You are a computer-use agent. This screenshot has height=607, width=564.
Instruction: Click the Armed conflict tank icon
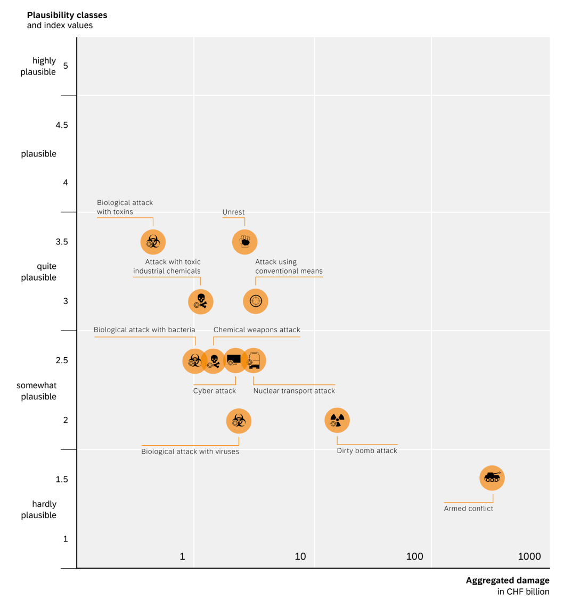492,478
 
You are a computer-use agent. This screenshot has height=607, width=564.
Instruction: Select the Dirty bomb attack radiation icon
337,421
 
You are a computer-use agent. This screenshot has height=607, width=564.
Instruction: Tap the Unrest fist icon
245,242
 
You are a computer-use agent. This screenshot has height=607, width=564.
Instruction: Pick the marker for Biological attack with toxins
153,242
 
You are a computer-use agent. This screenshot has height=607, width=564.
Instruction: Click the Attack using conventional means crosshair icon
256,301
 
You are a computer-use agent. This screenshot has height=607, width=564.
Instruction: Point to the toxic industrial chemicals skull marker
201,302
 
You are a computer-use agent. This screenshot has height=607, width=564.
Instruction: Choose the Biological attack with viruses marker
239,421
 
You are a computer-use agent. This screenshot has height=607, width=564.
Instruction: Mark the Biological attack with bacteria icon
194,361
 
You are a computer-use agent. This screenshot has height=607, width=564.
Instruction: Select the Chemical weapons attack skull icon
214,362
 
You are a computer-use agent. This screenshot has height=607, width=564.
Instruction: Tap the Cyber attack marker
234,360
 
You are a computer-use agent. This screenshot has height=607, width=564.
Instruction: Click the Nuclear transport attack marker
254,361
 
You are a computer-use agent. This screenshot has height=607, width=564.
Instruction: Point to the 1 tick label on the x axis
182,556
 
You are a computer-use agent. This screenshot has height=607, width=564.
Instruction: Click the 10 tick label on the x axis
300,556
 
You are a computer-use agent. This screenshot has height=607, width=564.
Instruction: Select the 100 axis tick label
414,556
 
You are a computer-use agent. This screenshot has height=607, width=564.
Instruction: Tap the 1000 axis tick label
529,556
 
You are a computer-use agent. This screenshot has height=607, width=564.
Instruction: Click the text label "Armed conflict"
469,508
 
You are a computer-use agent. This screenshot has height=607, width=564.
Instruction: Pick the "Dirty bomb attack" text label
367,451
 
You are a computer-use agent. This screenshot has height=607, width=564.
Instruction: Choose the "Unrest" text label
233,212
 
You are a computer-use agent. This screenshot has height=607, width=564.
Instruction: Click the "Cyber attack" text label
214,391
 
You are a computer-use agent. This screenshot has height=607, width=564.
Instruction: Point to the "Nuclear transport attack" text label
294,391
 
